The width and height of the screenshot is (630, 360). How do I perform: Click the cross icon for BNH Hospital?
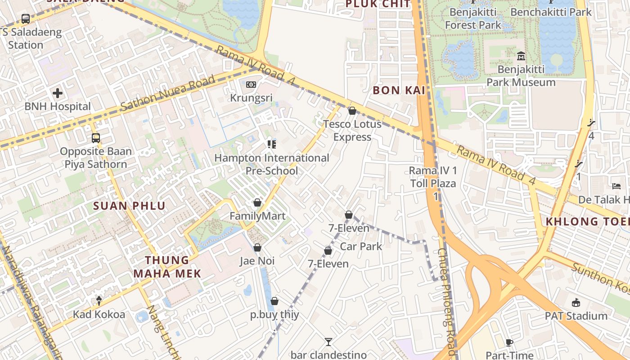[58, 93]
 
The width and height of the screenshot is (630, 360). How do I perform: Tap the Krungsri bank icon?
[251, 85]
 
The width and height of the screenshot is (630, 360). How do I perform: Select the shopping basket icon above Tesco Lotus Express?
[352, 111]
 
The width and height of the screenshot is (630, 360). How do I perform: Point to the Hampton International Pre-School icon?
[271, 144]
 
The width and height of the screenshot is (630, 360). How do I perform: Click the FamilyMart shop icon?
[257, 203]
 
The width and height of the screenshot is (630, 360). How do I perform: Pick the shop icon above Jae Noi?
[257, 247]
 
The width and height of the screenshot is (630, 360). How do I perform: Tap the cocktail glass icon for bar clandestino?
[328, 342]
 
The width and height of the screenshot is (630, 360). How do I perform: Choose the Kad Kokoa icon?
[99, 301]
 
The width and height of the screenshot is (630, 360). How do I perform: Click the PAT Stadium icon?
[576, 302]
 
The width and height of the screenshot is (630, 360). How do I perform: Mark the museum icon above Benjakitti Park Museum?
[521, 56]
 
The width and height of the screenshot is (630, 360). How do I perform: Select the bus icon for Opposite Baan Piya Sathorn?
[95, 138]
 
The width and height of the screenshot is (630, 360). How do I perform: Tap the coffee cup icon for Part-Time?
[509, 342]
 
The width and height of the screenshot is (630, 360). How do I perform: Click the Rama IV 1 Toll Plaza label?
[433, 177]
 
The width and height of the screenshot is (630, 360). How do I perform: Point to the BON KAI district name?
[399, 90]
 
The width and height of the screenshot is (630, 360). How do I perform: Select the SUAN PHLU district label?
[129, 206]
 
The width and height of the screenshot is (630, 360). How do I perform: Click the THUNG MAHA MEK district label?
[167, 266]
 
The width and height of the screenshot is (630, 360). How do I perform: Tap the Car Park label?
[361, 246]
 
